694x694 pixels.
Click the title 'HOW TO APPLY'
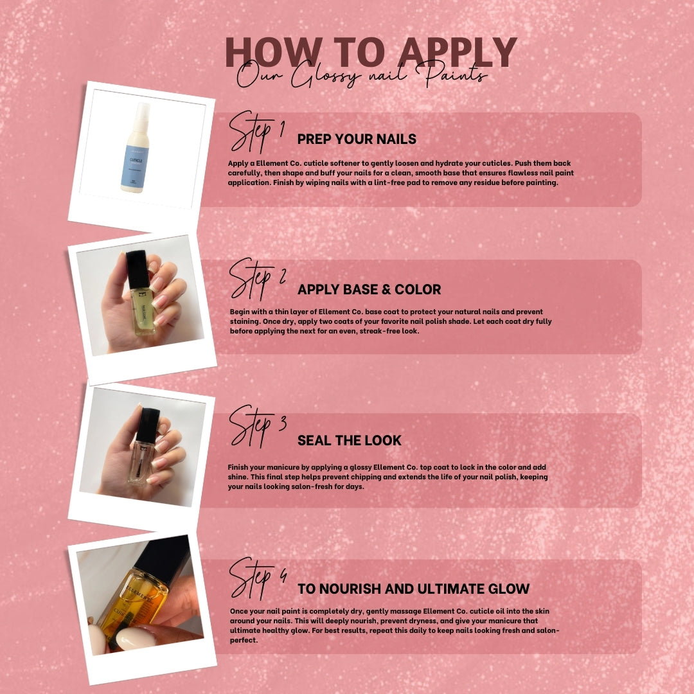(x=371, y=52)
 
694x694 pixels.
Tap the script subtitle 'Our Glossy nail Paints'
(x=362, y=75)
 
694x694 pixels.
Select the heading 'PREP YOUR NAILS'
(x=357, y=139)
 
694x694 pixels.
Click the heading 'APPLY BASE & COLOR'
(x=369, y=289)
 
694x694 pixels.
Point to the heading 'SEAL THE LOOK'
(x=349, y=440)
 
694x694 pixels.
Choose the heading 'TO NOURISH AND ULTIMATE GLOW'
(x=413, y=589)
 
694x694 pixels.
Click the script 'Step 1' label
(x=256, y=131)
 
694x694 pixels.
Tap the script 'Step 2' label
(x=257, y=279)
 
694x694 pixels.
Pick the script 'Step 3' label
(x=258, y=426)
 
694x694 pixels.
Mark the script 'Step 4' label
(x=258, y=578)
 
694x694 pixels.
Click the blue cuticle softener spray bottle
(x=136, y=148)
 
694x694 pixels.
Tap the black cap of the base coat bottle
(x=138, y=269)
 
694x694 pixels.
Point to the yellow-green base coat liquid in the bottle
(x=142, y=310)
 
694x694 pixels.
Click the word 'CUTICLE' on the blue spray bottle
(x=136, y=160)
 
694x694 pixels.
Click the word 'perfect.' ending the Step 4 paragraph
(x=244, y=640)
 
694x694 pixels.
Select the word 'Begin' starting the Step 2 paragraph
(x=240, y=312)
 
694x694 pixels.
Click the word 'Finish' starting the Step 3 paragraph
(x=238, y=467)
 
